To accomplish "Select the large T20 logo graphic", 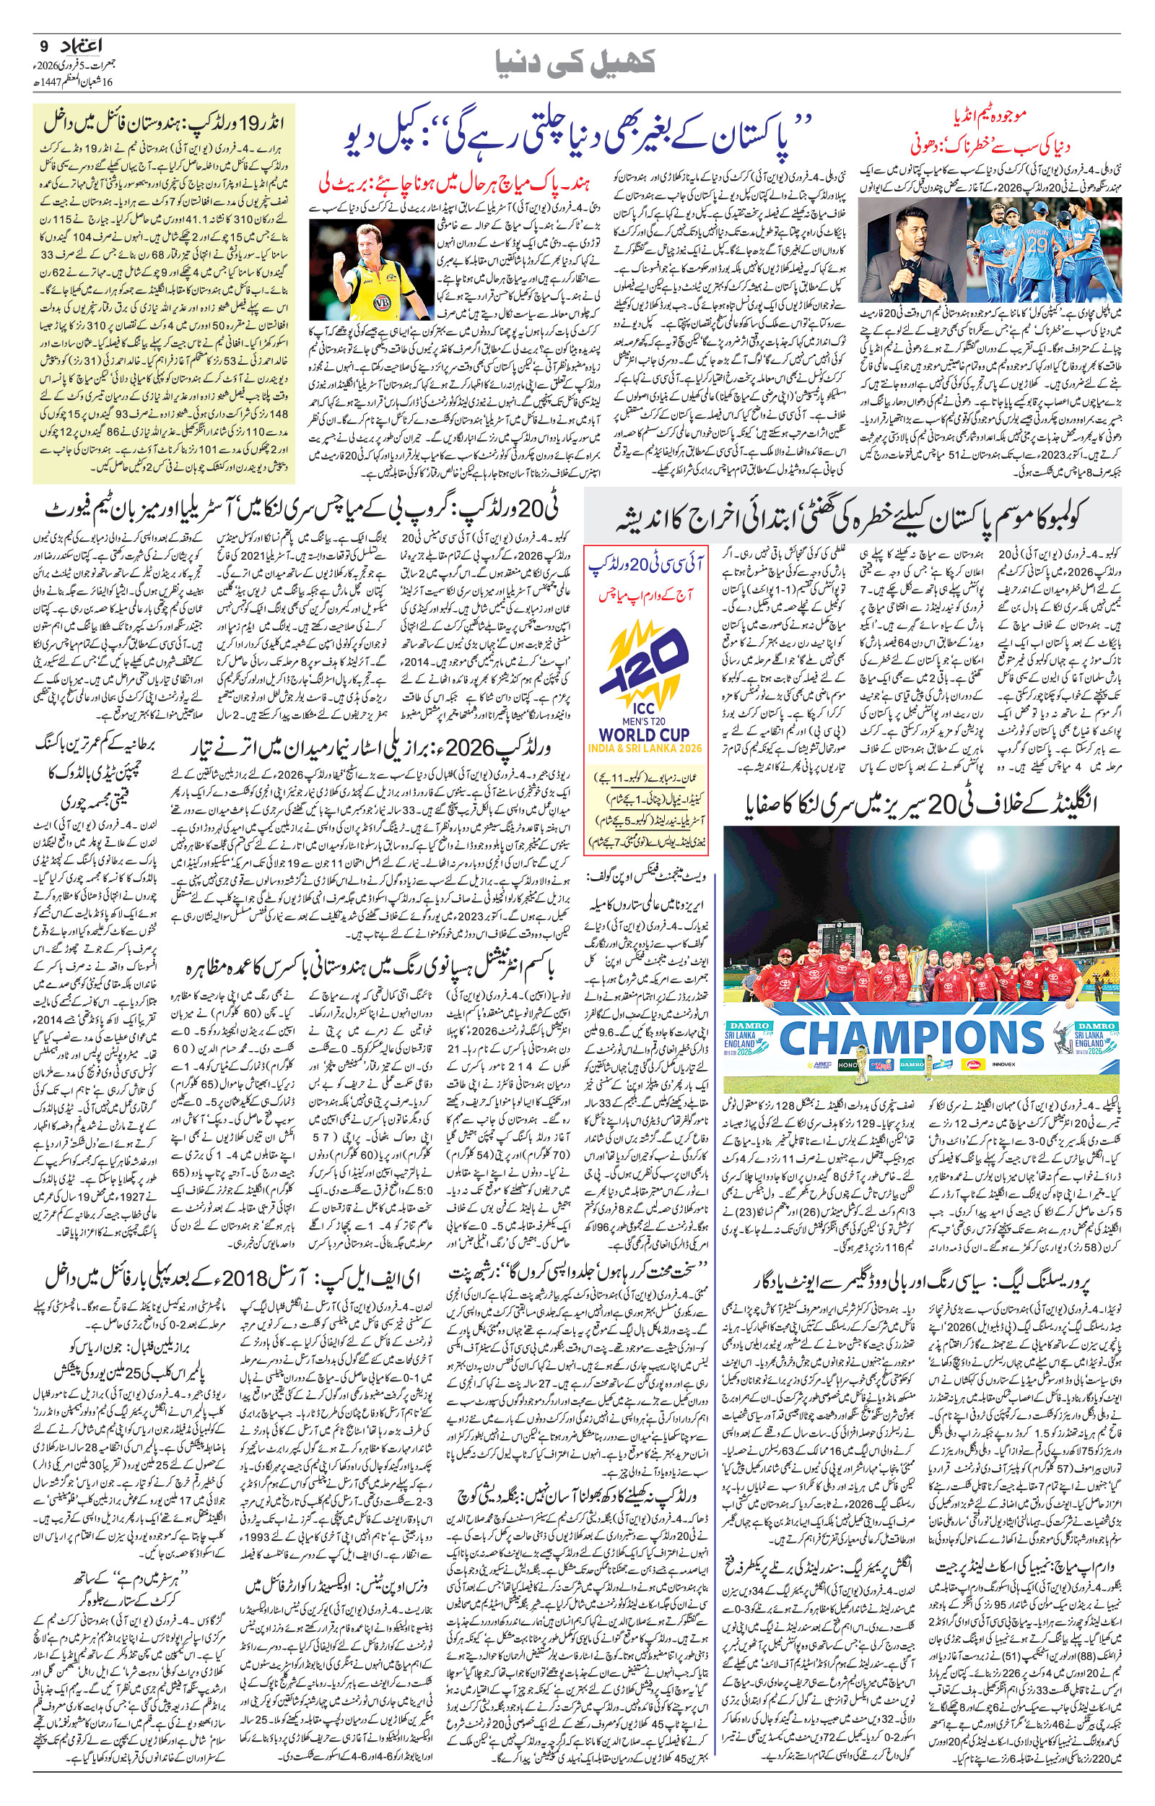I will pos(646,667).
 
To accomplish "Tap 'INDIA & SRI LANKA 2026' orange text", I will pos(646,750).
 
